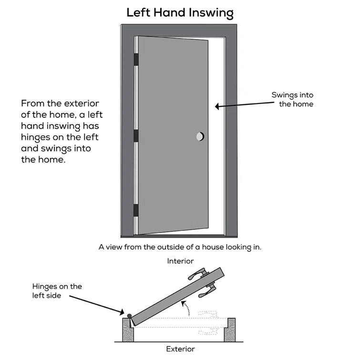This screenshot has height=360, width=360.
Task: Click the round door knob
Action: tap(200, 137)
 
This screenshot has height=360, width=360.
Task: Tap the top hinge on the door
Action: tap(136, 59)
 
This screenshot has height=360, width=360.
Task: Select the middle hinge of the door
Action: tap(136, 135)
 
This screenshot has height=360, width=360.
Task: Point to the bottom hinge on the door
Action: tap(136, 210)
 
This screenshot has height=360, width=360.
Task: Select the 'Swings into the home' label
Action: tap(292, 99)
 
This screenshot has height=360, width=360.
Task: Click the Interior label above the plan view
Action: tap(180, 261)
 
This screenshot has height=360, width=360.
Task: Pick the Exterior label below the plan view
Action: tap(180, 349)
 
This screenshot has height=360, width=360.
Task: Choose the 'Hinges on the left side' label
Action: tap(57, 291)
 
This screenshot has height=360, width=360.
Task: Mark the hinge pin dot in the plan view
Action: tap(129, 316)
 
